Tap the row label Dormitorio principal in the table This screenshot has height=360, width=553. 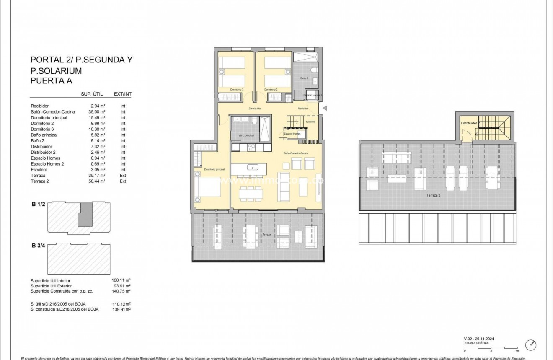click(49, 118)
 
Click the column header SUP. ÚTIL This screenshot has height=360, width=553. click(92, 94)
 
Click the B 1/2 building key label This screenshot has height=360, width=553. click(38, 204)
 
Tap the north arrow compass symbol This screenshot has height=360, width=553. click(531, 345)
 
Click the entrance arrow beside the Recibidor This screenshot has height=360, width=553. click(324, 109)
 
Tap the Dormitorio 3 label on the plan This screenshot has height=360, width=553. click(237, 90)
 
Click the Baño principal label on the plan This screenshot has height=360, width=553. click(246, 135)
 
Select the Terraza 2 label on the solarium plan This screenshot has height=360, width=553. click(433, 195)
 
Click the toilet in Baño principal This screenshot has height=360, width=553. click(254, 122)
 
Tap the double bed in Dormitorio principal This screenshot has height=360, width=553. click(207, 187)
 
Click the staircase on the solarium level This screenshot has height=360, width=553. click(495, 127)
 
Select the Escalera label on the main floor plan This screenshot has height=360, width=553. click(311, 122)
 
